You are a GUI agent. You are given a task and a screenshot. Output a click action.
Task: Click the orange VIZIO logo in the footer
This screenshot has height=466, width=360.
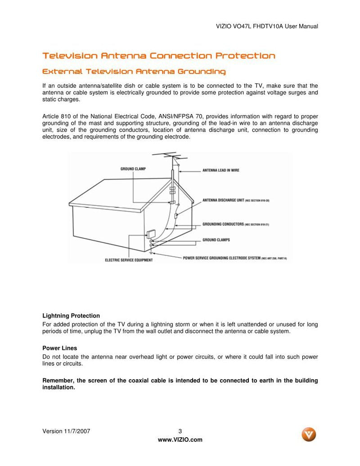tap(309, 434)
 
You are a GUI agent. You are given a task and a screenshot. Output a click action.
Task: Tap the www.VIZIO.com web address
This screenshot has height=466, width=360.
tap(180, 439)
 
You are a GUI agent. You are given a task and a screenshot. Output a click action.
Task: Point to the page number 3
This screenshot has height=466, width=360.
tap(180, 431)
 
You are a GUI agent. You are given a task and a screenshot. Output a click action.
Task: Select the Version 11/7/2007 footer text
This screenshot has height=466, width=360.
tap(66, 431)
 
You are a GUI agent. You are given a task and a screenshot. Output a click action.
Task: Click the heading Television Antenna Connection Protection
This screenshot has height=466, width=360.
tap(158, 56)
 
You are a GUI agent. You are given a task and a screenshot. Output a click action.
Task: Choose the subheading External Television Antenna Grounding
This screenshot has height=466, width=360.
tap(134, 72)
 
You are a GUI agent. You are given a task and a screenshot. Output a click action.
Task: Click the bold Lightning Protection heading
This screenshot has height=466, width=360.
tap(71, 316)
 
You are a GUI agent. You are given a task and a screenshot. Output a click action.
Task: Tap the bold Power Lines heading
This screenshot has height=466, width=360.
tap(59, 348)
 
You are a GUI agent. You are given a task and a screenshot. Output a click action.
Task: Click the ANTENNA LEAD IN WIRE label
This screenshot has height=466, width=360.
tap(220, 170)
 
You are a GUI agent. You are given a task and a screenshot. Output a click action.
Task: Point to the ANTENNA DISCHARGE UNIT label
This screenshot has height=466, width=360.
tap(223, 200)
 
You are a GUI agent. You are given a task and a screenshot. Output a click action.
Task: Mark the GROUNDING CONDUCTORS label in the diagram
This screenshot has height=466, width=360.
tap(223, 224)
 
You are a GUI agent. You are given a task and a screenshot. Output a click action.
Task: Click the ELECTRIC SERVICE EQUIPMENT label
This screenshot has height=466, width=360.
tap(128, 260)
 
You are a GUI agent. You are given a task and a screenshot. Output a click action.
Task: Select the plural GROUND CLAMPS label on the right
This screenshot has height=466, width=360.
tap(216, 240)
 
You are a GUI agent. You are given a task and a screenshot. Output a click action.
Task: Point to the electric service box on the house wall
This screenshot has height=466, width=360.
tap(151, 234)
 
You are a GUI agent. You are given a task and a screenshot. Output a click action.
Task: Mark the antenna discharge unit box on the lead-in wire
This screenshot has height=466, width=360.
tap(176, 216)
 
